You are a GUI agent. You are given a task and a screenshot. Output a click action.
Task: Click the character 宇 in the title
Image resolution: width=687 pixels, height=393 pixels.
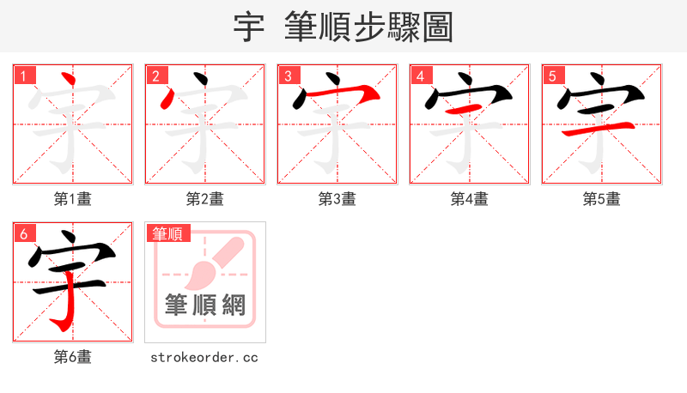[249, 27]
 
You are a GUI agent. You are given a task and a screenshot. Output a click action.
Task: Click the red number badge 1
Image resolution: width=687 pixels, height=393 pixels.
[23, 76]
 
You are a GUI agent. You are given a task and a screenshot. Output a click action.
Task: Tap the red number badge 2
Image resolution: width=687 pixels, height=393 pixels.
[155, 76]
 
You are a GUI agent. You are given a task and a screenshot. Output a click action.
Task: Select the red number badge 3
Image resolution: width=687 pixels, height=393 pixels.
[288, 76]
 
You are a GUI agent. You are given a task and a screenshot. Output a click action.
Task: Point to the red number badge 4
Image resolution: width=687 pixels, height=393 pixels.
[420, 76]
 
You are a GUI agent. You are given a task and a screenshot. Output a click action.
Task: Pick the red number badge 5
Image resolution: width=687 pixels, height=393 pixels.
[552, 76]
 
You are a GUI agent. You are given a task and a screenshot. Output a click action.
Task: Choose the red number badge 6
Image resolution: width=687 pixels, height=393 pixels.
[23, 233]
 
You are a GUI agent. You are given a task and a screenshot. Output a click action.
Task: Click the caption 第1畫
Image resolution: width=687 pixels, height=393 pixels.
[73, 199]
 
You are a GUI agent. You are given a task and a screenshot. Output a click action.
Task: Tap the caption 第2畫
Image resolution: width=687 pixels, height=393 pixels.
[205, 199]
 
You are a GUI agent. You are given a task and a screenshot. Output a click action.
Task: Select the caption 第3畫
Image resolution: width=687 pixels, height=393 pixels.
[337, 199]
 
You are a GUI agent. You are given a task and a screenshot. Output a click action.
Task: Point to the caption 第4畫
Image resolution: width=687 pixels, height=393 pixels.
[470, 199]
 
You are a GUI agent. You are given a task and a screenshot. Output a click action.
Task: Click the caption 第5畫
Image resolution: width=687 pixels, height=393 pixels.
[602, 199]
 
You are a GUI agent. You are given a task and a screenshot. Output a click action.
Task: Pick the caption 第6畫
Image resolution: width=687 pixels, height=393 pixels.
[73, 357]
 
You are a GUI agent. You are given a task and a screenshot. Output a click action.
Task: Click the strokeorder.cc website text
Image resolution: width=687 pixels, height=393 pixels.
[204, 357]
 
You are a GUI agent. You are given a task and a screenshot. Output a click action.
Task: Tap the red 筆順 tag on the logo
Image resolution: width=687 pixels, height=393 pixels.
[167, 233]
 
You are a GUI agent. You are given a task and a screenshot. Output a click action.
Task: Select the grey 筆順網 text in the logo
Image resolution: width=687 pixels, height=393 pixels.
[205, 305]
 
